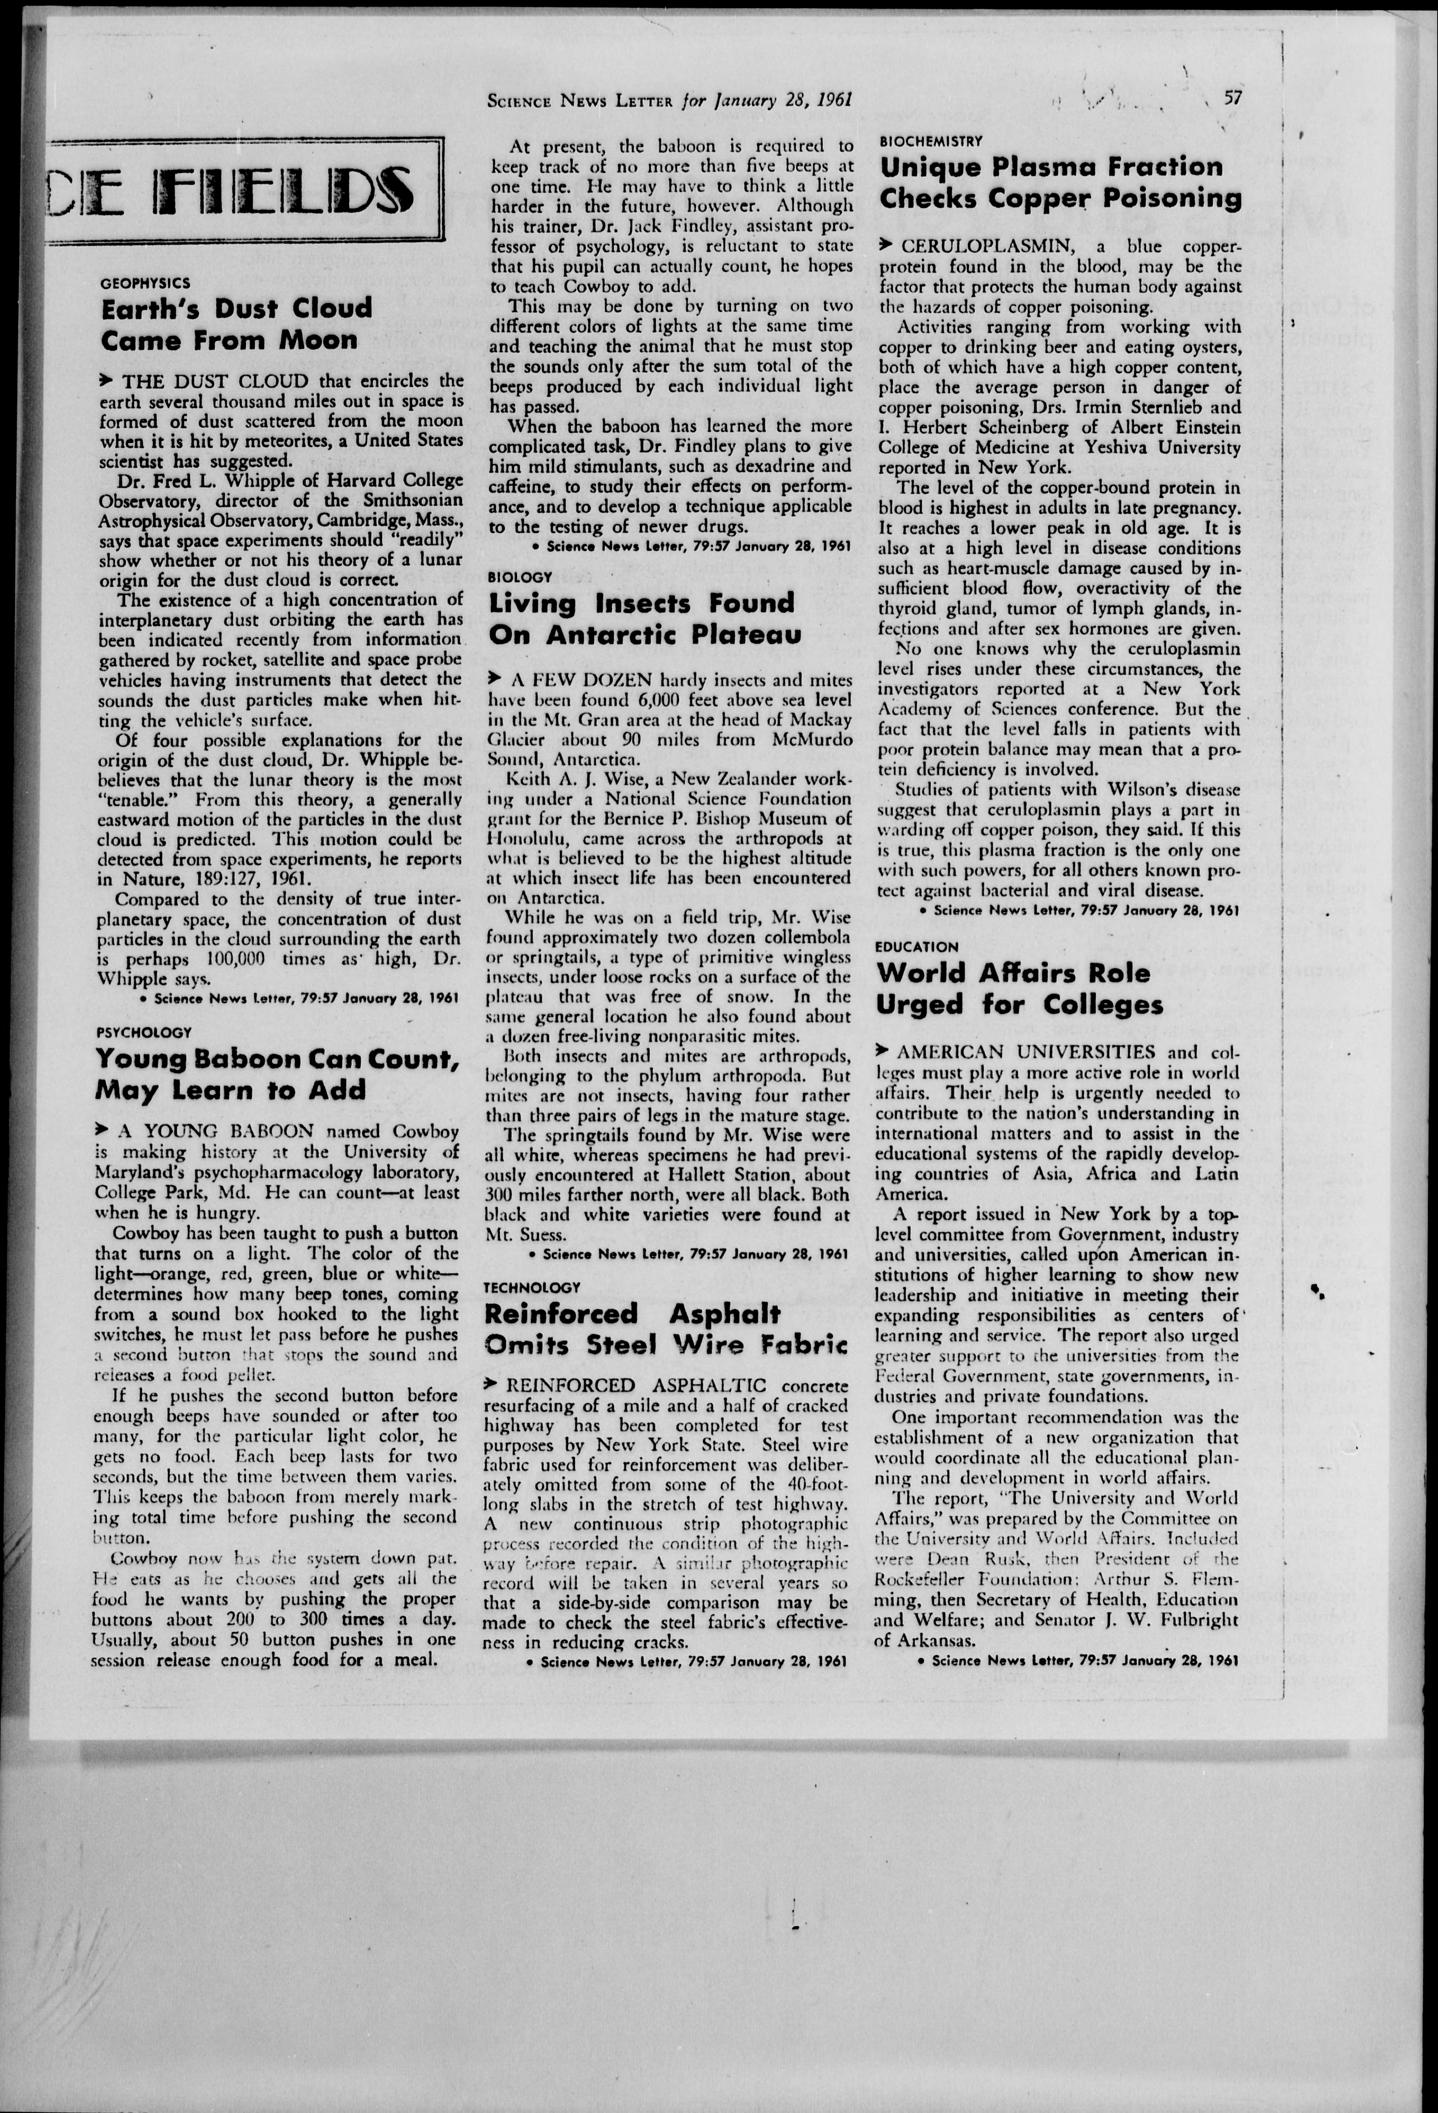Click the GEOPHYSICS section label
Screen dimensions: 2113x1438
(145, 283)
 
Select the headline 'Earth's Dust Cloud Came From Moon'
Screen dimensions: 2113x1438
(236, 324)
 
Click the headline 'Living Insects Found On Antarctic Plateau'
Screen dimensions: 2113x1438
(644, 618)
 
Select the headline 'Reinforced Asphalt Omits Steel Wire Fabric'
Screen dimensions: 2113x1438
(665, 1328)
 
